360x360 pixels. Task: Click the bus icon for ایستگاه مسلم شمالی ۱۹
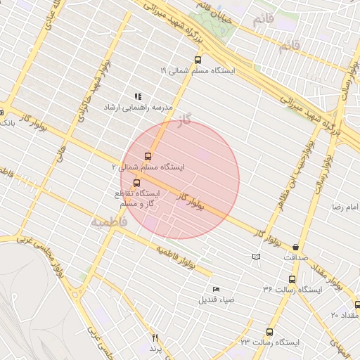tap(196, 60)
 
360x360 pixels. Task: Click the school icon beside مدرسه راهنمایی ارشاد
tap(138, 96)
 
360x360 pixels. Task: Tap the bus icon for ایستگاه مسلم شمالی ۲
tap(148, 156)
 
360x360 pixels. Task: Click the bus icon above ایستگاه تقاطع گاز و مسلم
tap(136, 183)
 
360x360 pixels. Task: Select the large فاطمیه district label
tap(108, 221)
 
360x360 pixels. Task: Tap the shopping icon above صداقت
tap(295, 247)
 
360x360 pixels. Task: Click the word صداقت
tap(295, 257)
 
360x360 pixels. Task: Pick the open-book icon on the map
tap(255, 257)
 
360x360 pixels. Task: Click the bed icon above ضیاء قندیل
tap(216, 290)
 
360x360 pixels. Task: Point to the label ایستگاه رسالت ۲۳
tap(269, 342)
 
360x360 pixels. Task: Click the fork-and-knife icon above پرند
tap(155, 338)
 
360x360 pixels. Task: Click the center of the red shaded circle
tap(179, 179)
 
